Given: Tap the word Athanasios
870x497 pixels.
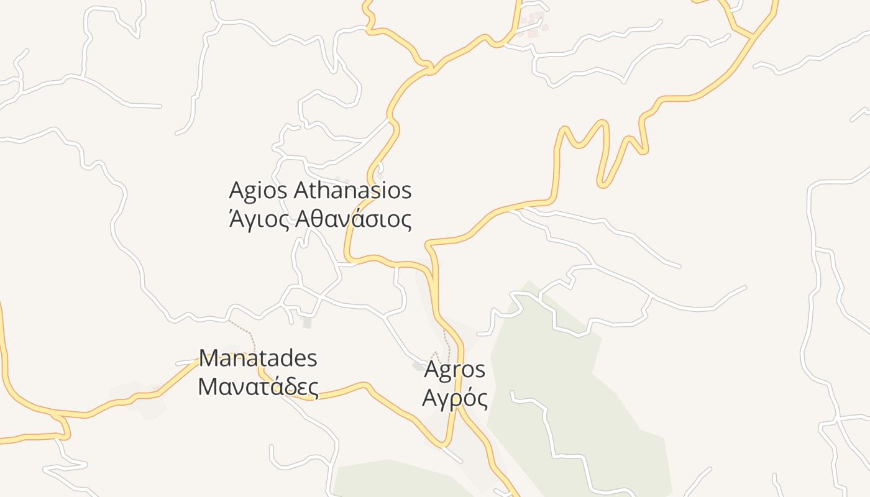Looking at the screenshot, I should [352, 190].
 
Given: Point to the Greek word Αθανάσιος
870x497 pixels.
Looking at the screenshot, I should [353, 219].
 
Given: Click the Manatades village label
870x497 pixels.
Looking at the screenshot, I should [258, 358].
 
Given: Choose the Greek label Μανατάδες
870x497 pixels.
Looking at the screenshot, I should [258, 386].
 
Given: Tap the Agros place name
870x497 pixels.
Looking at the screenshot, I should [454, 370].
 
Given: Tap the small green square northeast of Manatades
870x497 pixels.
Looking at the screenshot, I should [307, 322].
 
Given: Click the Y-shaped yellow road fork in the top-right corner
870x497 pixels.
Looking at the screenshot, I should [753, 35].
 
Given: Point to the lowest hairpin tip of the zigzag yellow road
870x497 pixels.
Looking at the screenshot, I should [603, 184].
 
